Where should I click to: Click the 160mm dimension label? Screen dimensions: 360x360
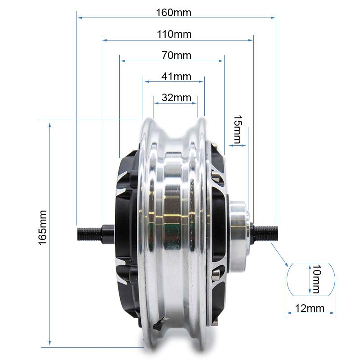(174, 12)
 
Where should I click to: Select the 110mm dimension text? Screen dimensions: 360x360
(174, 34)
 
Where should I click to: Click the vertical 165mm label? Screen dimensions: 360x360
(43, 227)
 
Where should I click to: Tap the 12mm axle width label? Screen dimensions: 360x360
(310, 308)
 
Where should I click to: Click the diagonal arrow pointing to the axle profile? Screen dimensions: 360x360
(279, 253)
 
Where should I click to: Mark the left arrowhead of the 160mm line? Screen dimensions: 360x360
(80, 18)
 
